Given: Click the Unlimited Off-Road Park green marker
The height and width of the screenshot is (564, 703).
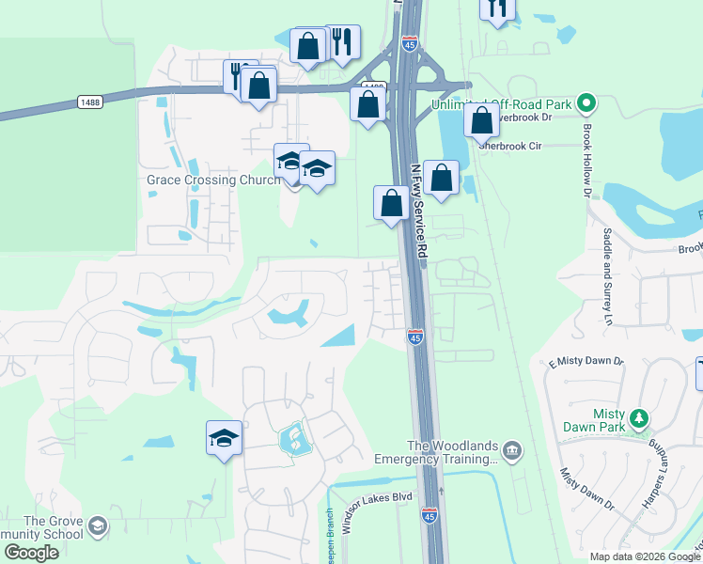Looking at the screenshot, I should coord(586,102).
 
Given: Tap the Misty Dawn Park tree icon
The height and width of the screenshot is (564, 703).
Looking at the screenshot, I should coord(639,417).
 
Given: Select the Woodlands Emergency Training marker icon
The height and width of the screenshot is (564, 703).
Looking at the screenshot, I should coord(511,451).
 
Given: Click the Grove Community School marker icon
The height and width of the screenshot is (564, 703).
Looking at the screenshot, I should coord(96,529).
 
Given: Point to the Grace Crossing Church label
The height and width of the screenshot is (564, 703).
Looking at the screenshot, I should coord(212,180).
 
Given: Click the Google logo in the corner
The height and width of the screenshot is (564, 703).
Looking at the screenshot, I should coord(31,553).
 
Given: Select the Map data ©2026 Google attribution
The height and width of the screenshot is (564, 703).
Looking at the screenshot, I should coord(645,556).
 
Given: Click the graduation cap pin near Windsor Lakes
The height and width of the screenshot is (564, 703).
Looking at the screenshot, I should coord(224,438).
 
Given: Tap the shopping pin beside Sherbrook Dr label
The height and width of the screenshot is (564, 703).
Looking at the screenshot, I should coord(481,120).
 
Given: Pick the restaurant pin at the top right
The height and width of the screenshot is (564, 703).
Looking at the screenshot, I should coord(497,8).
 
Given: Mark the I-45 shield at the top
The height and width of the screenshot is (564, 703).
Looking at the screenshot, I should coord(409,44).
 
